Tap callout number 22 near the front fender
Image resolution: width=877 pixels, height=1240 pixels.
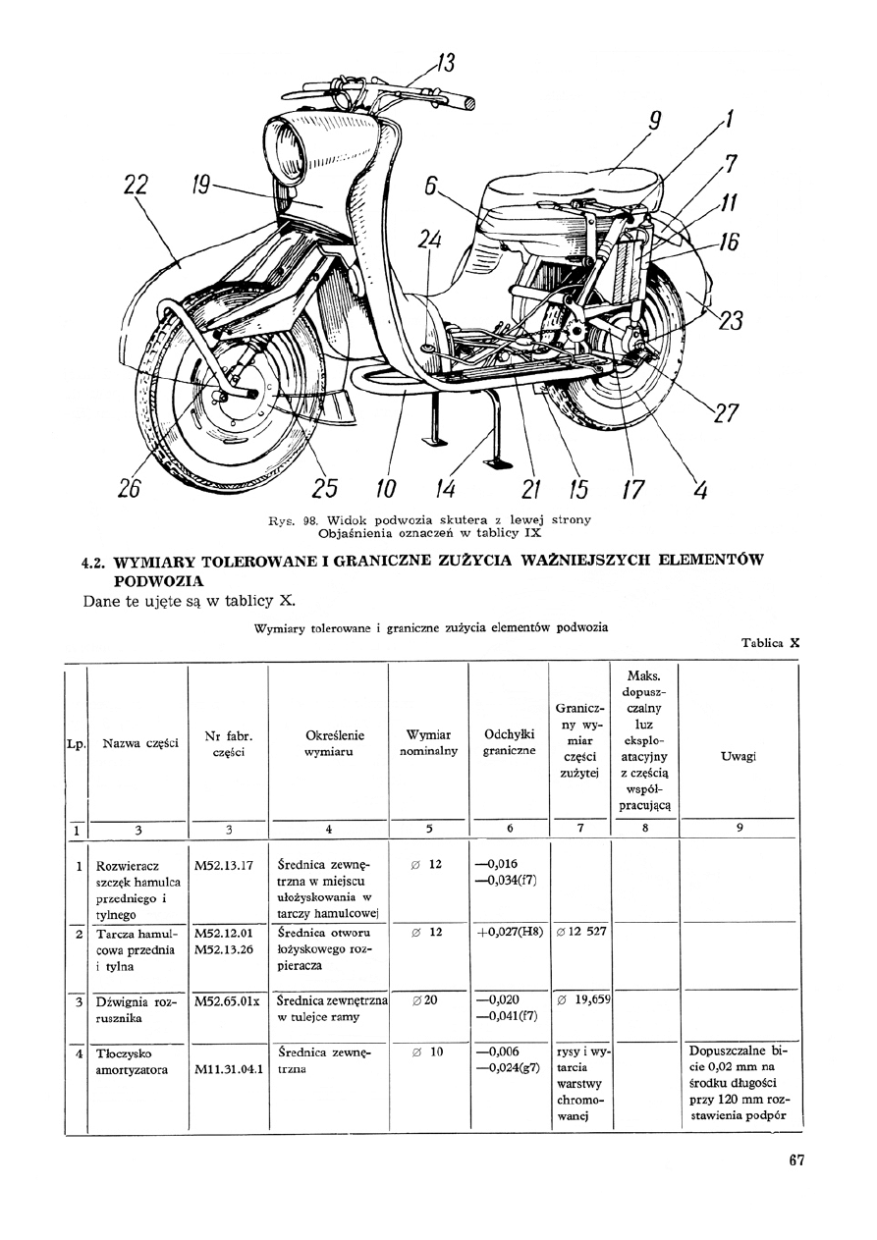click(135, 186)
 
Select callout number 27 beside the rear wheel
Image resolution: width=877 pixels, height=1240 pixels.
click(725, 413)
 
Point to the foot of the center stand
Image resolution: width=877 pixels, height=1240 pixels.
click(501, 460)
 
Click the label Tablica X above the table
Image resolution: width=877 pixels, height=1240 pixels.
click(771, 644)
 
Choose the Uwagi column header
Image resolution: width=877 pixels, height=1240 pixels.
click(738, 757)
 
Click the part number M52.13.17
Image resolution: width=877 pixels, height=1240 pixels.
click(225, 865)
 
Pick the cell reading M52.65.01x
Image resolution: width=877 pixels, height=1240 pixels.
click(227, 1001)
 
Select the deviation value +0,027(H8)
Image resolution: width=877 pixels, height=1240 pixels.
click(510, 932)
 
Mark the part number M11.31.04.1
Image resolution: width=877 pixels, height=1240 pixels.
click(229, 1069)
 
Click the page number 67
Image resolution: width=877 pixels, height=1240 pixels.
click(796, 1160)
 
